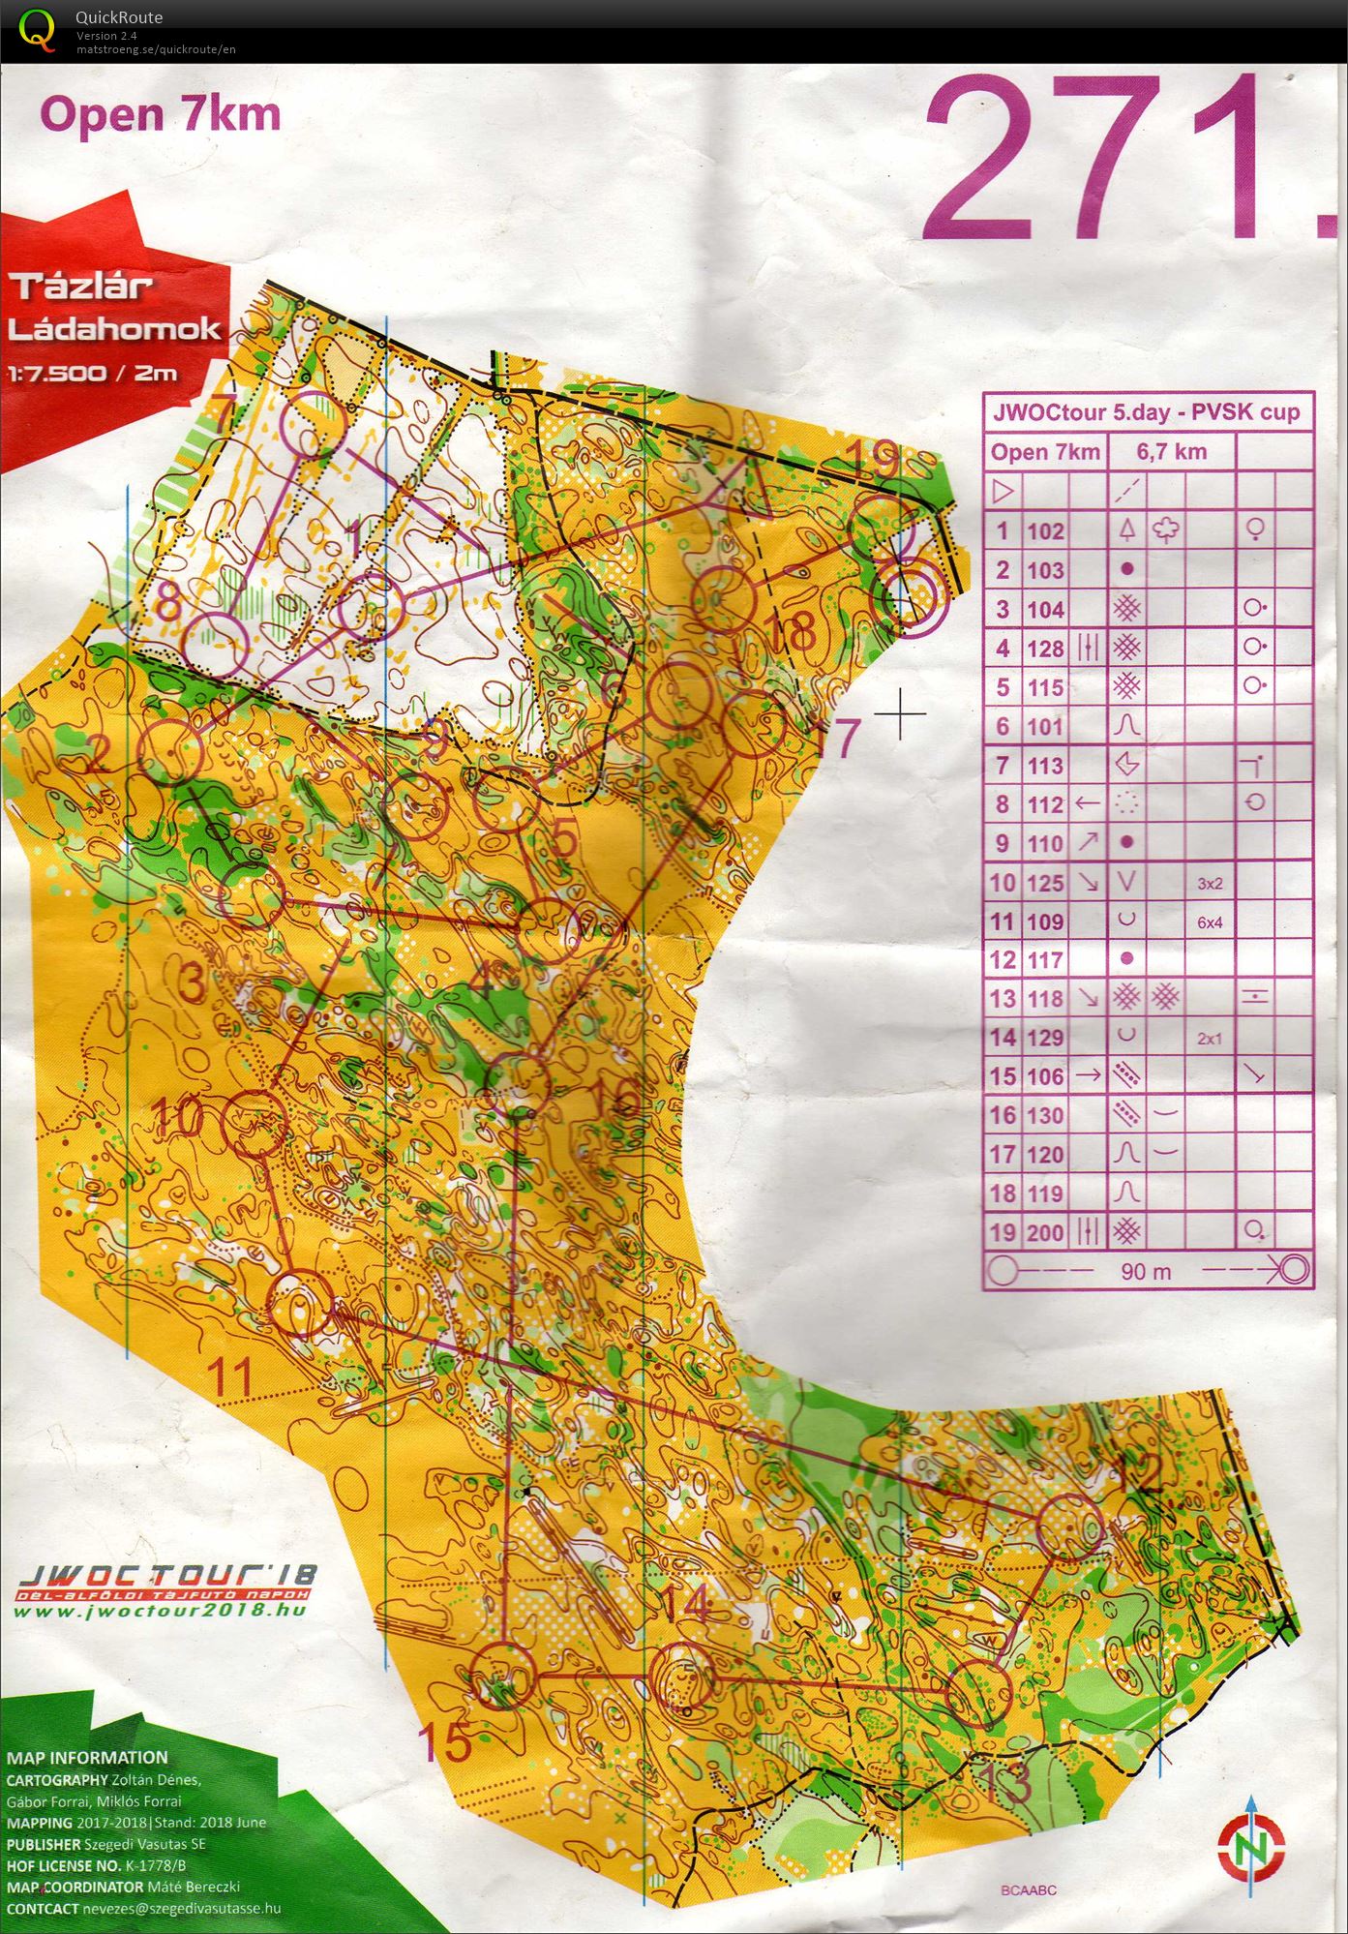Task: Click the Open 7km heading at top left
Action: tap(160, 115)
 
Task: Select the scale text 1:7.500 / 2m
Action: tap(93, 374)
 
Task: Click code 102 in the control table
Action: tap(1045, 531)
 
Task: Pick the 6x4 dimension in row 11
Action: tap(1210, 922)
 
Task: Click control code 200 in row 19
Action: tap(1045, 1233)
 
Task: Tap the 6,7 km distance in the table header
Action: tap(1171, 452)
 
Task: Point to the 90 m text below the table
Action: tap(1146, 1272)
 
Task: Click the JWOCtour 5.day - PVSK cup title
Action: tap(1146, 412)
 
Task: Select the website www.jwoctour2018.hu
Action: tap(160, 1611)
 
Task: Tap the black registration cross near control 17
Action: tap(900, 714)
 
